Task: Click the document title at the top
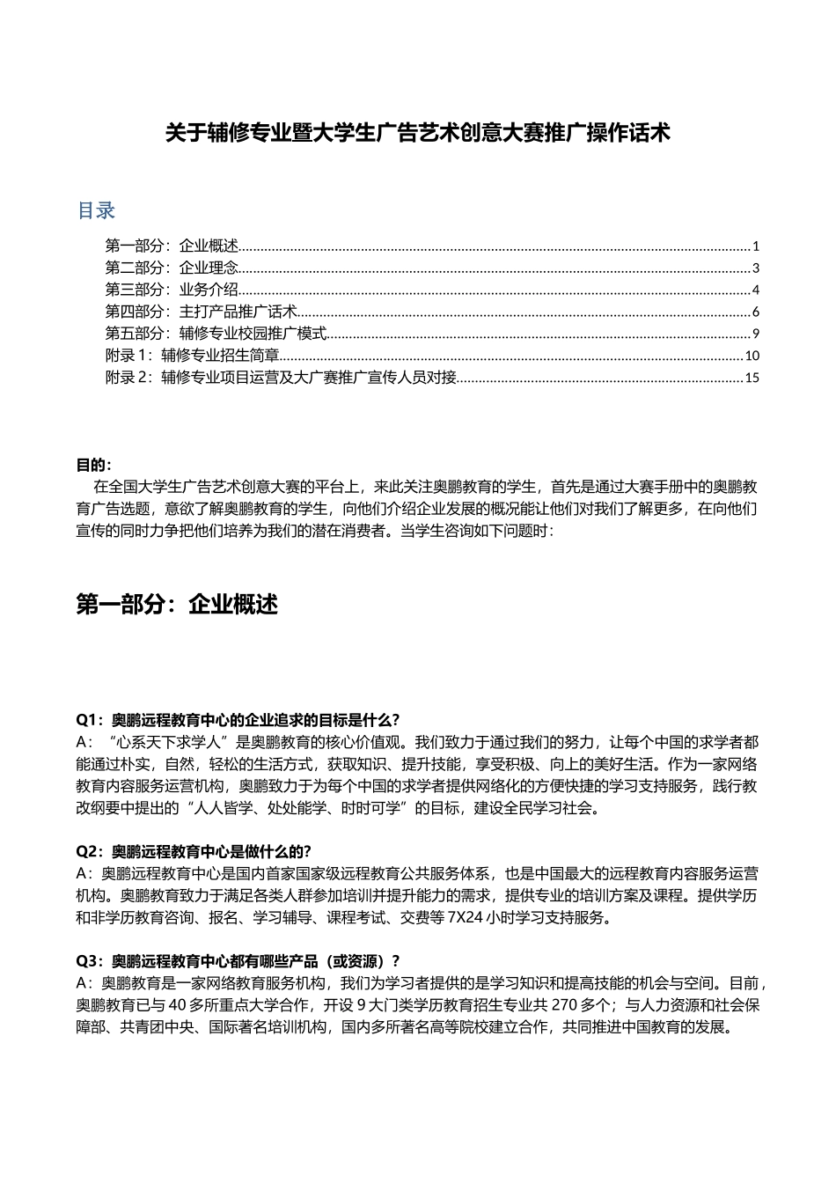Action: coord(418,134)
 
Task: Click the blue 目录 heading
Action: coord(96,211)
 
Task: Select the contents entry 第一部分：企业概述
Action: coord(172,246)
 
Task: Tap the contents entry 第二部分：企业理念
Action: coord(172,268)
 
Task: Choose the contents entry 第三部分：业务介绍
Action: coord(172,290)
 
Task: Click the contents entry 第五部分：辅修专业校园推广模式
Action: coord(216,334)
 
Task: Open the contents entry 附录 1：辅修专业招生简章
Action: coord(192,356)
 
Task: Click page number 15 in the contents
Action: coord(752,378)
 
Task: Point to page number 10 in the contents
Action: coord(752,356)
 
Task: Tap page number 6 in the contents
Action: coord(756,312)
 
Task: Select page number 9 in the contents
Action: coord(756,334)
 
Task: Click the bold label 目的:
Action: coord(94,465)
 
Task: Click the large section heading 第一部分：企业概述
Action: coord(178,605)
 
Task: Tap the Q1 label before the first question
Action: coord(90,719)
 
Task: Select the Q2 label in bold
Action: coord(90,852)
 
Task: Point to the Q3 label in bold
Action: coord(90,961)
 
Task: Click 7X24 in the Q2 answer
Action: coord(466,918)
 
